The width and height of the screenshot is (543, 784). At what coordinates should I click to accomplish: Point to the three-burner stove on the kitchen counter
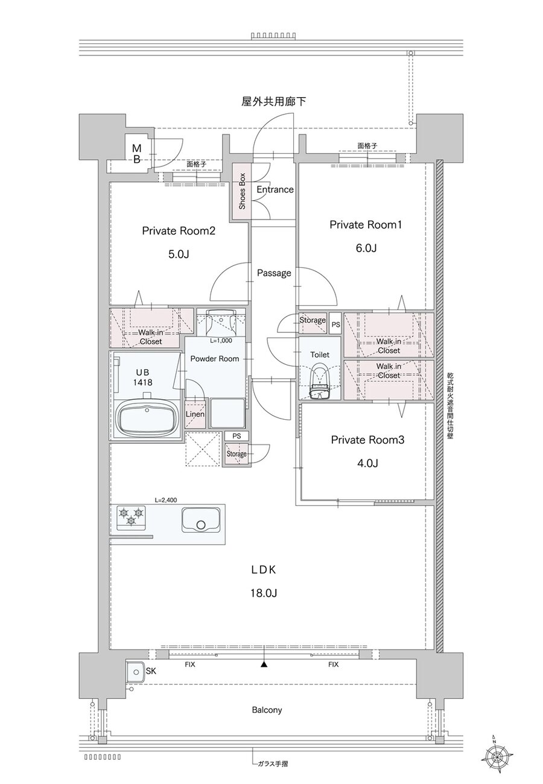tap(130, 516)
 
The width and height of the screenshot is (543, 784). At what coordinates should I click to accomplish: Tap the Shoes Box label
tap(242, 191)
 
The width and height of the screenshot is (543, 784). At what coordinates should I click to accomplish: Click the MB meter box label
tap(136, 154)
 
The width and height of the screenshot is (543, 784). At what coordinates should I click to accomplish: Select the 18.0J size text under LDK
tap(264, 593)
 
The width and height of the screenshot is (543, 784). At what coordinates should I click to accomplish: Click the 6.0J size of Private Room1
tap(366, 248)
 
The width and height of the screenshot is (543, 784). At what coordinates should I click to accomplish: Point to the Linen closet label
tap(195, 414)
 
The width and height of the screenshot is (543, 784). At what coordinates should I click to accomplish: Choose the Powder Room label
tap(215, 359)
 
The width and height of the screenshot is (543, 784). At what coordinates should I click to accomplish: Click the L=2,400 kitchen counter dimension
tap(165, 500)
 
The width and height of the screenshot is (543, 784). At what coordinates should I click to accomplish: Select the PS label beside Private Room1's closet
tap(335, 324)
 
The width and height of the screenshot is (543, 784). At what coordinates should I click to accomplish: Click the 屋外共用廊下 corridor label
tap(274, 102)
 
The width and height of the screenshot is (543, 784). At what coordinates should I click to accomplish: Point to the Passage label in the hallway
tap(274, 273)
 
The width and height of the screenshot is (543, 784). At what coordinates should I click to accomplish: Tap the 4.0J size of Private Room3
tap(367, 463)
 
